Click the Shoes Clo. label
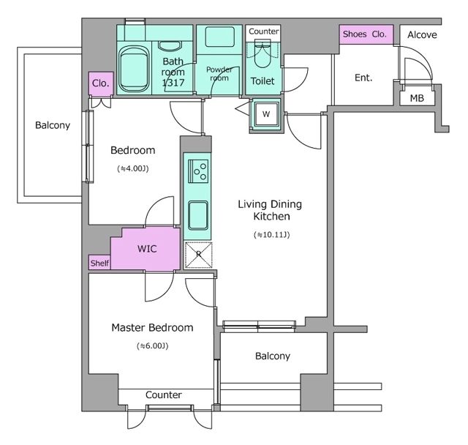(364, 34)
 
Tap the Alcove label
(422, 35)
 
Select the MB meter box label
(417, 98)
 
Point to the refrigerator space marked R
(198, 255)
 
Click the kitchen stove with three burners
(198, 171)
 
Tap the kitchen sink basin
(198, 215)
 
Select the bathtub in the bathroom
(133, 70)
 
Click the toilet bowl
(263, 56)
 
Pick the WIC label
(147, 249)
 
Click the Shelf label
(99, 263)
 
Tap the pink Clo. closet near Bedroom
(101, 83)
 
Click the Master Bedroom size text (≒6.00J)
(153, 346)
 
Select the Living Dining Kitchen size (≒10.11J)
(271, 235)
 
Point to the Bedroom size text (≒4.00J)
(133, 168)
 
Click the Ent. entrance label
(363, 78)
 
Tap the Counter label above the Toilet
(264, 31)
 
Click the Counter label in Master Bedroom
(164, 394)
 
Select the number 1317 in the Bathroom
(173, 83)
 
